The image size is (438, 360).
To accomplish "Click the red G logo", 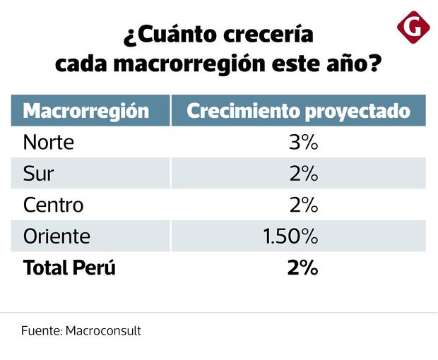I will click(413, 28).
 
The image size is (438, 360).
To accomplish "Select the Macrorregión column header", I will click(86, 112).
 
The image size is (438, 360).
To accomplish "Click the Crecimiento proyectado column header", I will click(298, 112).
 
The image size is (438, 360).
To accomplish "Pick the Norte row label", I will click(49, 143).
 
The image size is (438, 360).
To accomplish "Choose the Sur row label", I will click(39, 174).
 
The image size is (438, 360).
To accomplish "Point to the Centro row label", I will click(53, 205).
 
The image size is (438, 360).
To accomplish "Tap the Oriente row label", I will click(57, 236).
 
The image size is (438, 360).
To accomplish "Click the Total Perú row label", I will click(69, 268).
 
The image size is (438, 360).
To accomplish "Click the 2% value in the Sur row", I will click(304, 174).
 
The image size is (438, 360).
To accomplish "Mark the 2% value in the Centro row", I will click(304, 205).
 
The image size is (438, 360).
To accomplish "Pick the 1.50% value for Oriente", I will click(291, 236).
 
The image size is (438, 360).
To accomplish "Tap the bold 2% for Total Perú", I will click(302, 268).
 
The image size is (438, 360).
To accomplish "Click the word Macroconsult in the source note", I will click(103, 330).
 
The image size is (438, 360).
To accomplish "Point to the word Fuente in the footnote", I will click(41, 330).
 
